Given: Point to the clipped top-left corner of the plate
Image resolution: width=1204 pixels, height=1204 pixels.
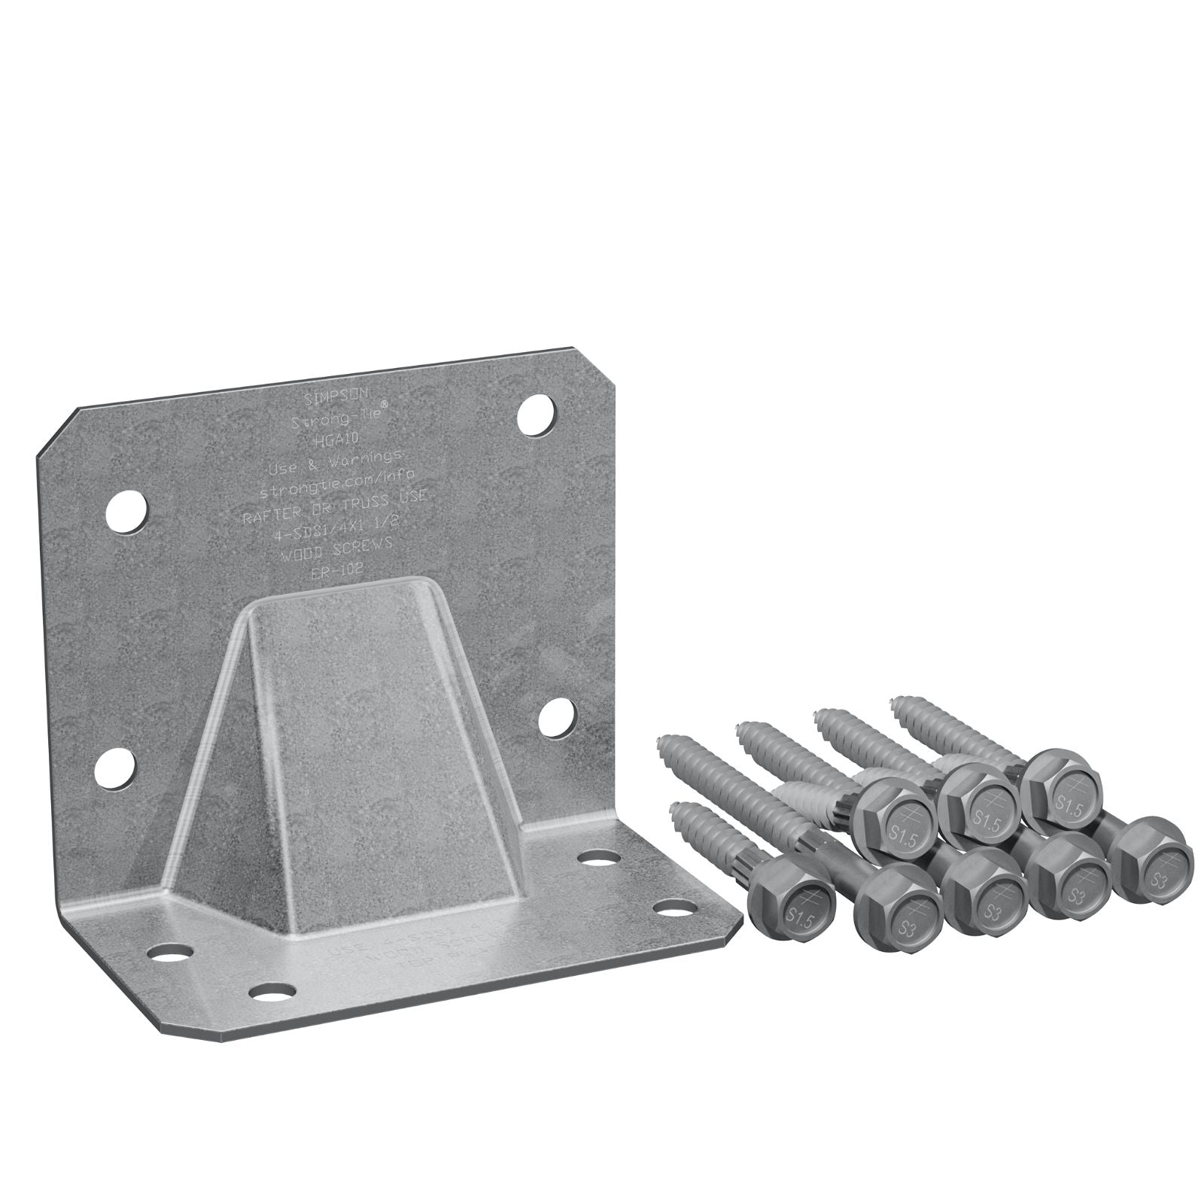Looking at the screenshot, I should click(56, 433).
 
